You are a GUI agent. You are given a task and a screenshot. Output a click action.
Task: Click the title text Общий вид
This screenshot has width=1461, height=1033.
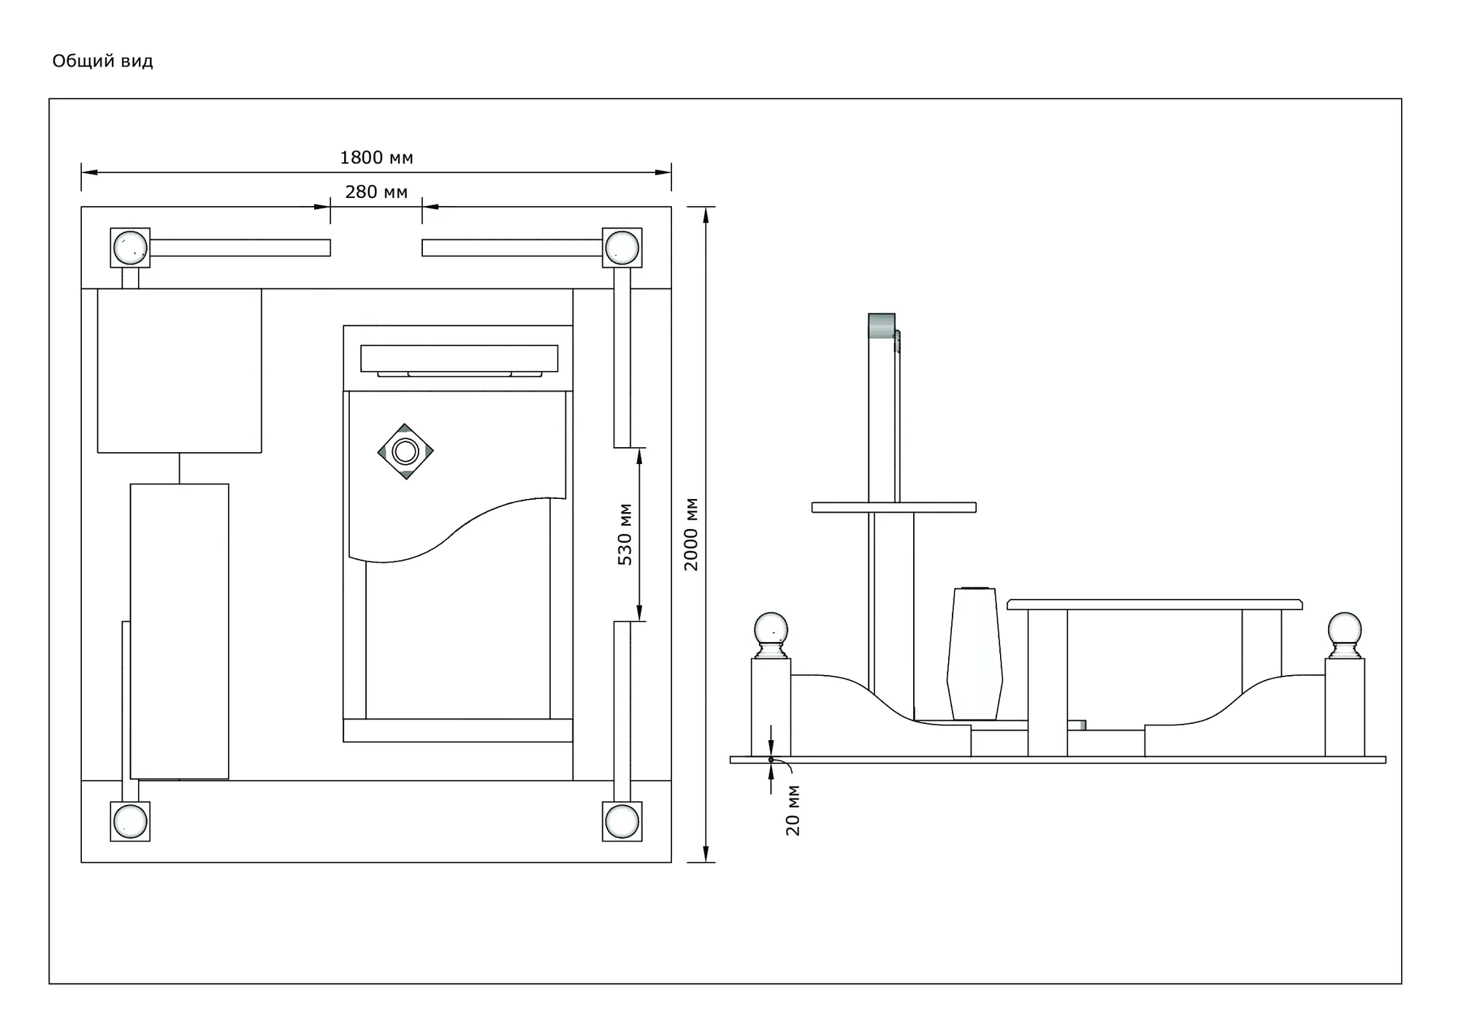[102, 61]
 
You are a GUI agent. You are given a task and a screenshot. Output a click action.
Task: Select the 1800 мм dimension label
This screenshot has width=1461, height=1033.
[376, 158]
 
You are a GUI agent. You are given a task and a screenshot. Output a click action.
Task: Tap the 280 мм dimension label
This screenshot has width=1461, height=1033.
[376, 192]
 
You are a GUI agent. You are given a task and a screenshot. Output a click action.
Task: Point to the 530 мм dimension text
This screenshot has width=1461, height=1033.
[625, 534]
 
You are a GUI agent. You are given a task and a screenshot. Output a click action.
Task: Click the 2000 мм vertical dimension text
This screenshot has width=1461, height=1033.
[691, 534]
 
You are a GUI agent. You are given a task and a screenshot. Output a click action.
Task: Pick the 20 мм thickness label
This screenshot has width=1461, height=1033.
[793, 810]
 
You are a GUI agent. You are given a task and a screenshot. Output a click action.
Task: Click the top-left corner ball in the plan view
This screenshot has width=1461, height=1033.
[130, 247]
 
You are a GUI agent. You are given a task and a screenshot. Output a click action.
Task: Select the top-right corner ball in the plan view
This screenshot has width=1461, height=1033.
[622, 247]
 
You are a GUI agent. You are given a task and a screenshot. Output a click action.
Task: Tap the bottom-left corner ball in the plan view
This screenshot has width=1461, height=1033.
[130, 821]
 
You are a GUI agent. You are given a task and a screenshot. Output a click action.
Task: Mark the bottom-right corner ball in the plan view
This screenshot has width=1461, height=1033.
[622, 821]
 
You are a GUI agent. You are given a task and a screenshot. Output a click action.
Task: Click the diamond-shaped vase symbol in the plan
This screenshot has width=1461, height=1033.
[405, 451]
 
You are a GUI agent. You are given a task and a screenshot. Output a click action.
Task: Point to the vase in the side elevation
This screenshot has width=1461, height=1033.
[974, 654]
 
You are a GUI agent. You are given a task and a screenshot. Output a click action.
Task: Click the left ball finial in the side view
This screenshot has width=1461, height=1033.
[771, 635]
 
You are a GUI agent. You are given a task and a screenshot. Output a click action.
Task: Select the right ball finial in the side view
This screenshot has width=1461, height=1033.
[1345, 635]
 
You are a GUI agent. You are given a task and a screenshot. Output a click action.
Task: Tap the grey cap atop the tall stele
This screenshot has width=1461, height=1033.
[882, 325]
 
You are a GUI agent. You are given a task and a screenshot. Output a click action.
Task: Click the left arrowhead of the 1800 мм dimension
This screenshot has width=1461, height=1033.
[89, 172]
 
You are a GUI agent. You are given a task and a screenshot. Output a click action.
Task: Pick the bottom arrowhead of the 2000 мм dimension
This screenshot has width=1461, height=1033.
[706, 854]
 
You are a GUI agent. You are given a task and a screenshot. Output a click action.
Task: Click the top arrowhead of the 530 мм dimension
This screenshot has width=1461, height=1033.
[639, 456]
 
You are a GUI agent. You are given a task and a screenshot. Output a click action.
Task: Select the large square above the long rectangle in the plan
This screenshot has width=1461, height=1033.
[180, 370]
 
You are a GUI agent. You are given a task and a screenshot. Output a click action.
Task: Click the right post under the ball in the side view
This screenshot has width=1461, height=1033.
[1345, 707]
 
